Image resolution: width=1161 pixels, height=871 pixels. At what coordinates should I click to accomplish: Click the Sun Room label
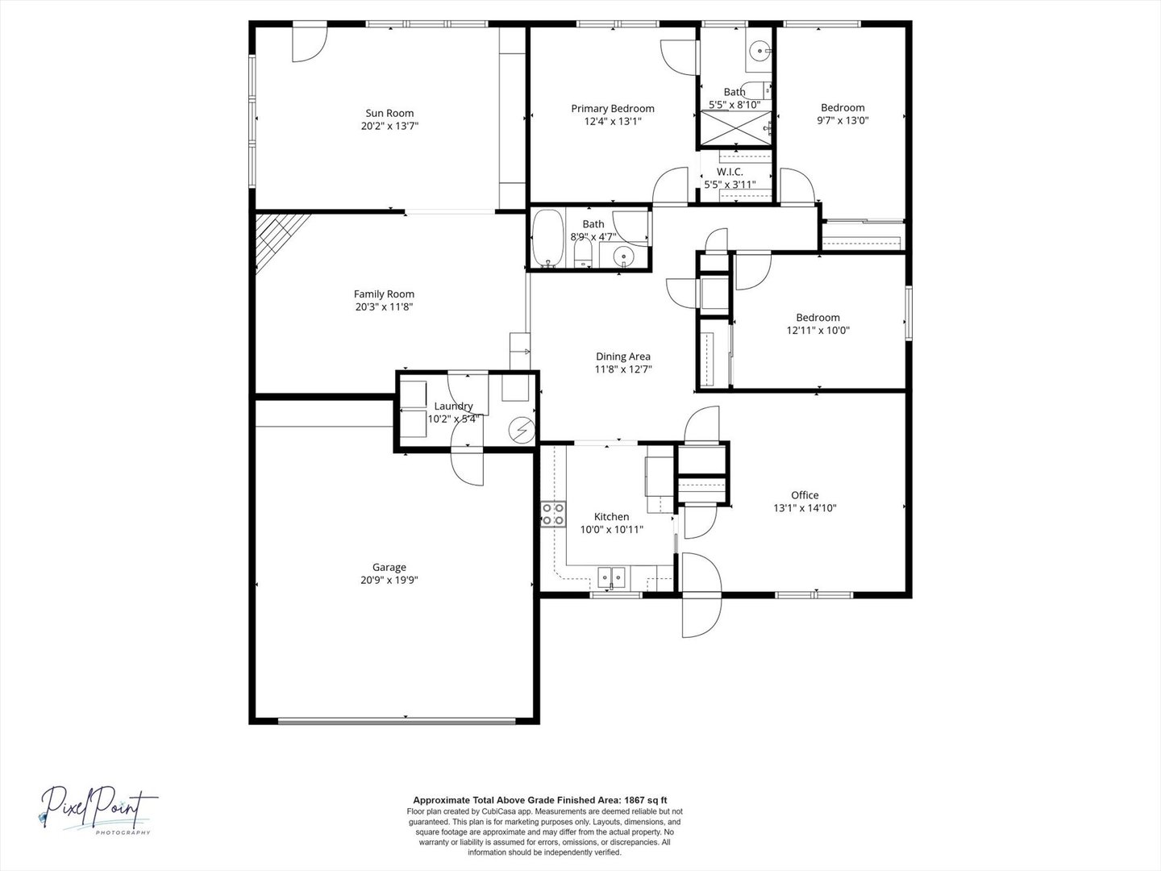[389, 113]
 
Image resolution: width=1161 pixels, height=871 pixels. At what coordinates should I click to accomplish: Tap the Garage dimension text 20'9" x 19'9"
[389, 580]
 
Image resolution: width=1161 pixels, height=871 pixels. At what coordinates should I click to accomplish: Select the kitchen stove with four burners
[553, 515]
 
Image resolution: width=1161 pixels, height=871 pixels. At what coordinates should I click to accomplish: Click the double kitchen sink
[611, 577]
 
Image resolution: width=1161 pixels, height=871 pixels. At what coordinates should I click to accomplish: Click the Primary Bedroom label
[613, 108]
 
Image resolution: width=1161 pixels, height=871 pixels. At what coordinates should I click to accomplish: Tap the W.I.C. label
[730, 172]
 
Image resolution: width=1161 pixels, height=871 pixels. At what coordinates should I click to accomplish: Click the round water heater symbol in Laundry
[522, 430]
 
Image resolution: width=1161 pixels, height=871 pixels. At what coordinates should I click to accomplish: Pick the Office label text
[805, 495]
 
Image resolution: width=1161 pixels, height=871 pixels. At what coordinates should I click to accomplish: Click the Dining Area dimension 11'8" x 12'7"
[623, 369]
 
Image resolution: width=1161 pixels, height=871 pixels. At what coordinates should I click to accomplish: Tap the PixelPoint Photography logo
[98, 810]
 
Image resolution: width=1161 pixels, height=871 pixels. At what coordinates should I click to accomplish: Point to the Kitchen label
[611, 517]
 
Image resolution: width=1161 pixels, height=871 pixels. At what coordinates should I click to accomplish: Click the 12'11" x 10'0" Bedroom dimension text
[818, 331]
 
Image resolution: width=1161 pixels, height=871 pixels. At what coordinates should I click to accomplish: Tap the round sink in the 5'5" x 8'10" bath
[760, 52]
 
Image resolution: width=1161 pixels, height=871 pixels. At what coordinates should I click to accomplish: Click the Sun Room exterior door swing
[310, 44]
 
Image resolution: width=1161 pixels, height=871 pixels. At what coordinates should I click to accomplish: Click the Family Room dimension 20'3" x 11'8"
[384, 306]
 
